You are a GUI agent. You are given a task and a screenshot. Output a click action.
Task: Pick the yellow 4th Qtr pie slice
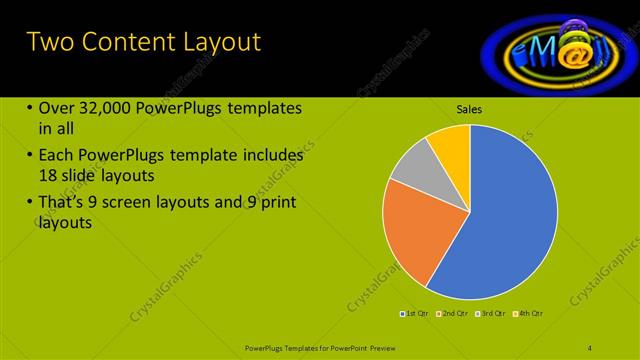pos(451,144)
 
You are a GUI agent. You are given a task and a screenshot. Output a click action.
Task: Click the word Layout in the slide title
pos(214,42)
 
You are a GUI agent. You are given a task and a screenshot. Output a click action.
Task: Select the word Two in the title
pos(48,42)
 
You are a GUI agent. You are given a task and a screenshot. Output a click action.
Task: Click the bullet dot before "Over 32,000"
pos(30,109)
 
